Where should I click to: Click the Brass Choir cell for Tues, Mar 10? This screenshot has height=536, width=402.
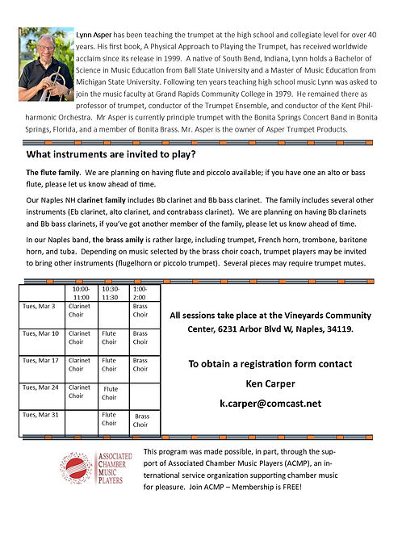pyautogui.click(x=140, y=337)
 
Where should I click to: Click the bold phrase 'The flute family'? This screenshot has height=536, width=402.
pyautogui.click(x=53, y=173)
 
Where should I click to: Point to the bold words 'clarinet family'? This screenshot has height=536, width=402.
pyautogui.click(x=115, y=198)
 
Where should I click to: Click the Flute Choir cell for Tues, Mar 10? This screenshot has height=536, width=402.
pyautogui.click(x=110, y=337)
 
